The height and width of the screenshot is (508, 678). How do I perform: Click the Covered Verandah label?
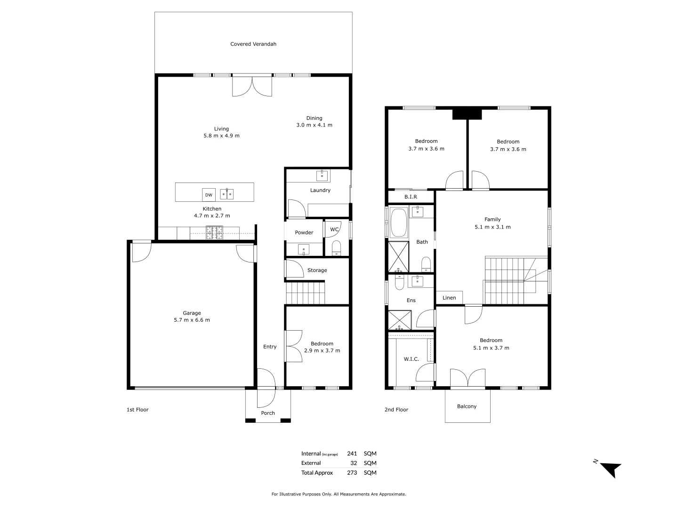(253, 44)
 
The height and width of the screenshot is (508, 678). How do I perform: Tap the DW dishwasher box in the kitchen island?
(209, 195)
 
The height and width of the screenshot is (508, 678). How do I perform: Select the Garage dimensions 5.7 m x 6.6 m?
(192, 320)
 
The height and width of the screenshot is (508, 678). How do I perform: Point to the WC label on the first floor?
(334, 230)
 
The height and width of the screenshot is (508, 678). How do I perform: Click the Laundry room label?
(320, 190)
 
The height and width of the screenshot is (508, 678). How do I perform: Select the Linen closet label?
(449, 298)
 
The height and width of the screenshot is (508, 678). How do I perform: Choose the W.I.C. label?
(411, 359)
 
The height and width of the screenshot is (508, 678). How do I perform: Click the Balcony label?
(467, 406)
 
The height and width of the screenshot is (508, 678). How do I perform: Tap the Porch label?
(268, 413)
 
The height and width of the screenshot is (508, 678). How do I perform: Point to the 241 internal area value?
(352, 454)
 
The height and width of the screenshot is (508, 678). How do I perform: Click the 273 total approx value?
(352, 473)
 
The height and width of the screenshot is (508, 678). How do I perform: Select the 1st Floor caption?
(137, 410)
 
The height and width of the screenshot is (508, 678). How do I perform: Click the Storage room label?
(317, 270)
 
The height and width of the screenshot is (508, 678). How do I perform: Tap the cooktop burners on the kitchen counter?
(214, 232)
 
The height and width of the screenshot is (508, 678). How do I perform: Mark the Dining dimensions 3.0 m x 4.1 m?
(314, 125)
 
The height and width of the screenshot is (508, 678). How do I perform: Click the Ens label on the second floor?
(411, 300)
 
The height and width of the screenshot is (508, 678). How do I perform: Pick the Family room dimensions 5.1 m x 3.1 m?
(492, 227)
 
